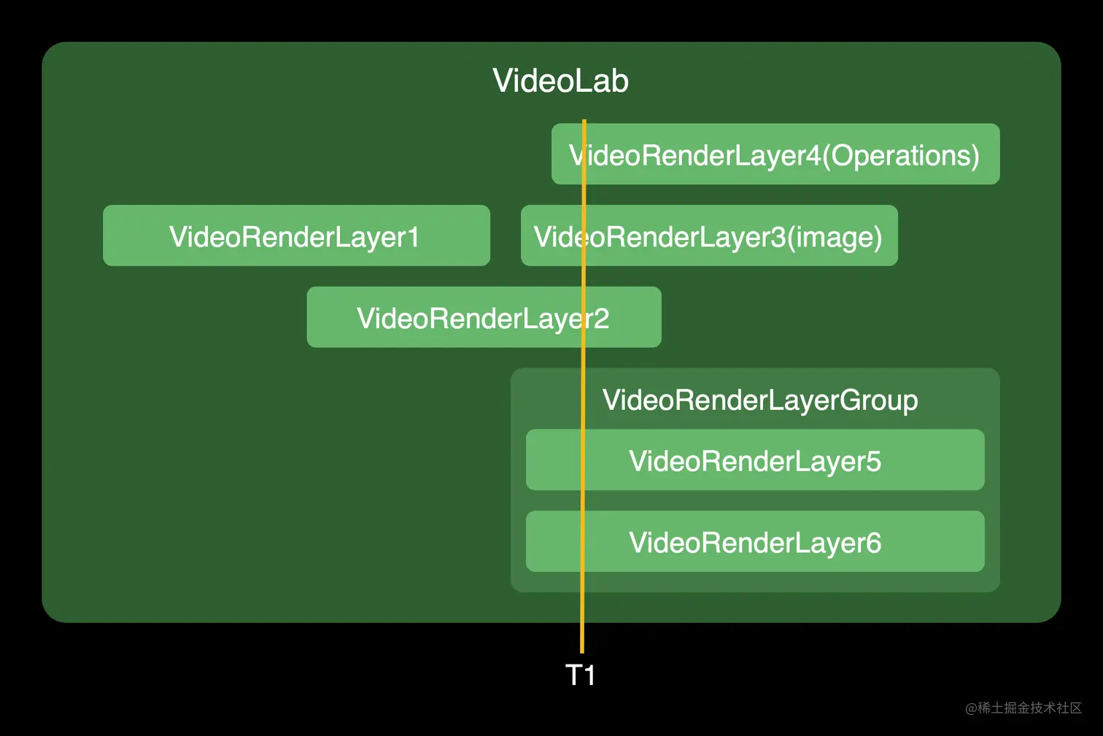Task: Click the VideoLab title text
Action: point(560,81)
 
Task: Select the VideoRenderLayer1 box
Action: point(296,236)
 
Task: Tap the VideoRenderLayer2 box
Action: point(484,317)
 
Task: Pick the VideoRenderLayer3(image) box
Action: point(709,236)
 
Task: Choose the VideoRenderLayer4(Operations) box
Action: point(775,154)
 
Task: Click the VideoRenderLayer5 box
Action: point(755,460)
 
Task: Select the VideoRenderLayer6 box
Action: point(755,542)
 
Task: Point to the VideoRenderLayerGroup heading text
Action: point(759,400)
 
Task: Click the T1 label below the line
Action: point(581,675)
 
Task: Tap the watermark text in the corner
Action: point(1023,708)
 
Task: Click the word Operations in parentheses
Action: point(901,155)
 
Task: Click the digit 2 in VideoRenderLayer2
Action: point(601,319)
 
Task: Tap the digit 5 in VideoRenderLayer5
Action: point(873,462)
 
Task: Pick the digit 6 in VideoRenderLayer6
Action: point(873,543)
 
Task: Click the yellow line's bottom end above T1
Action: point(582,651)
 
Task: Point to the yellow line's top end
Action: point(584,122)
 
